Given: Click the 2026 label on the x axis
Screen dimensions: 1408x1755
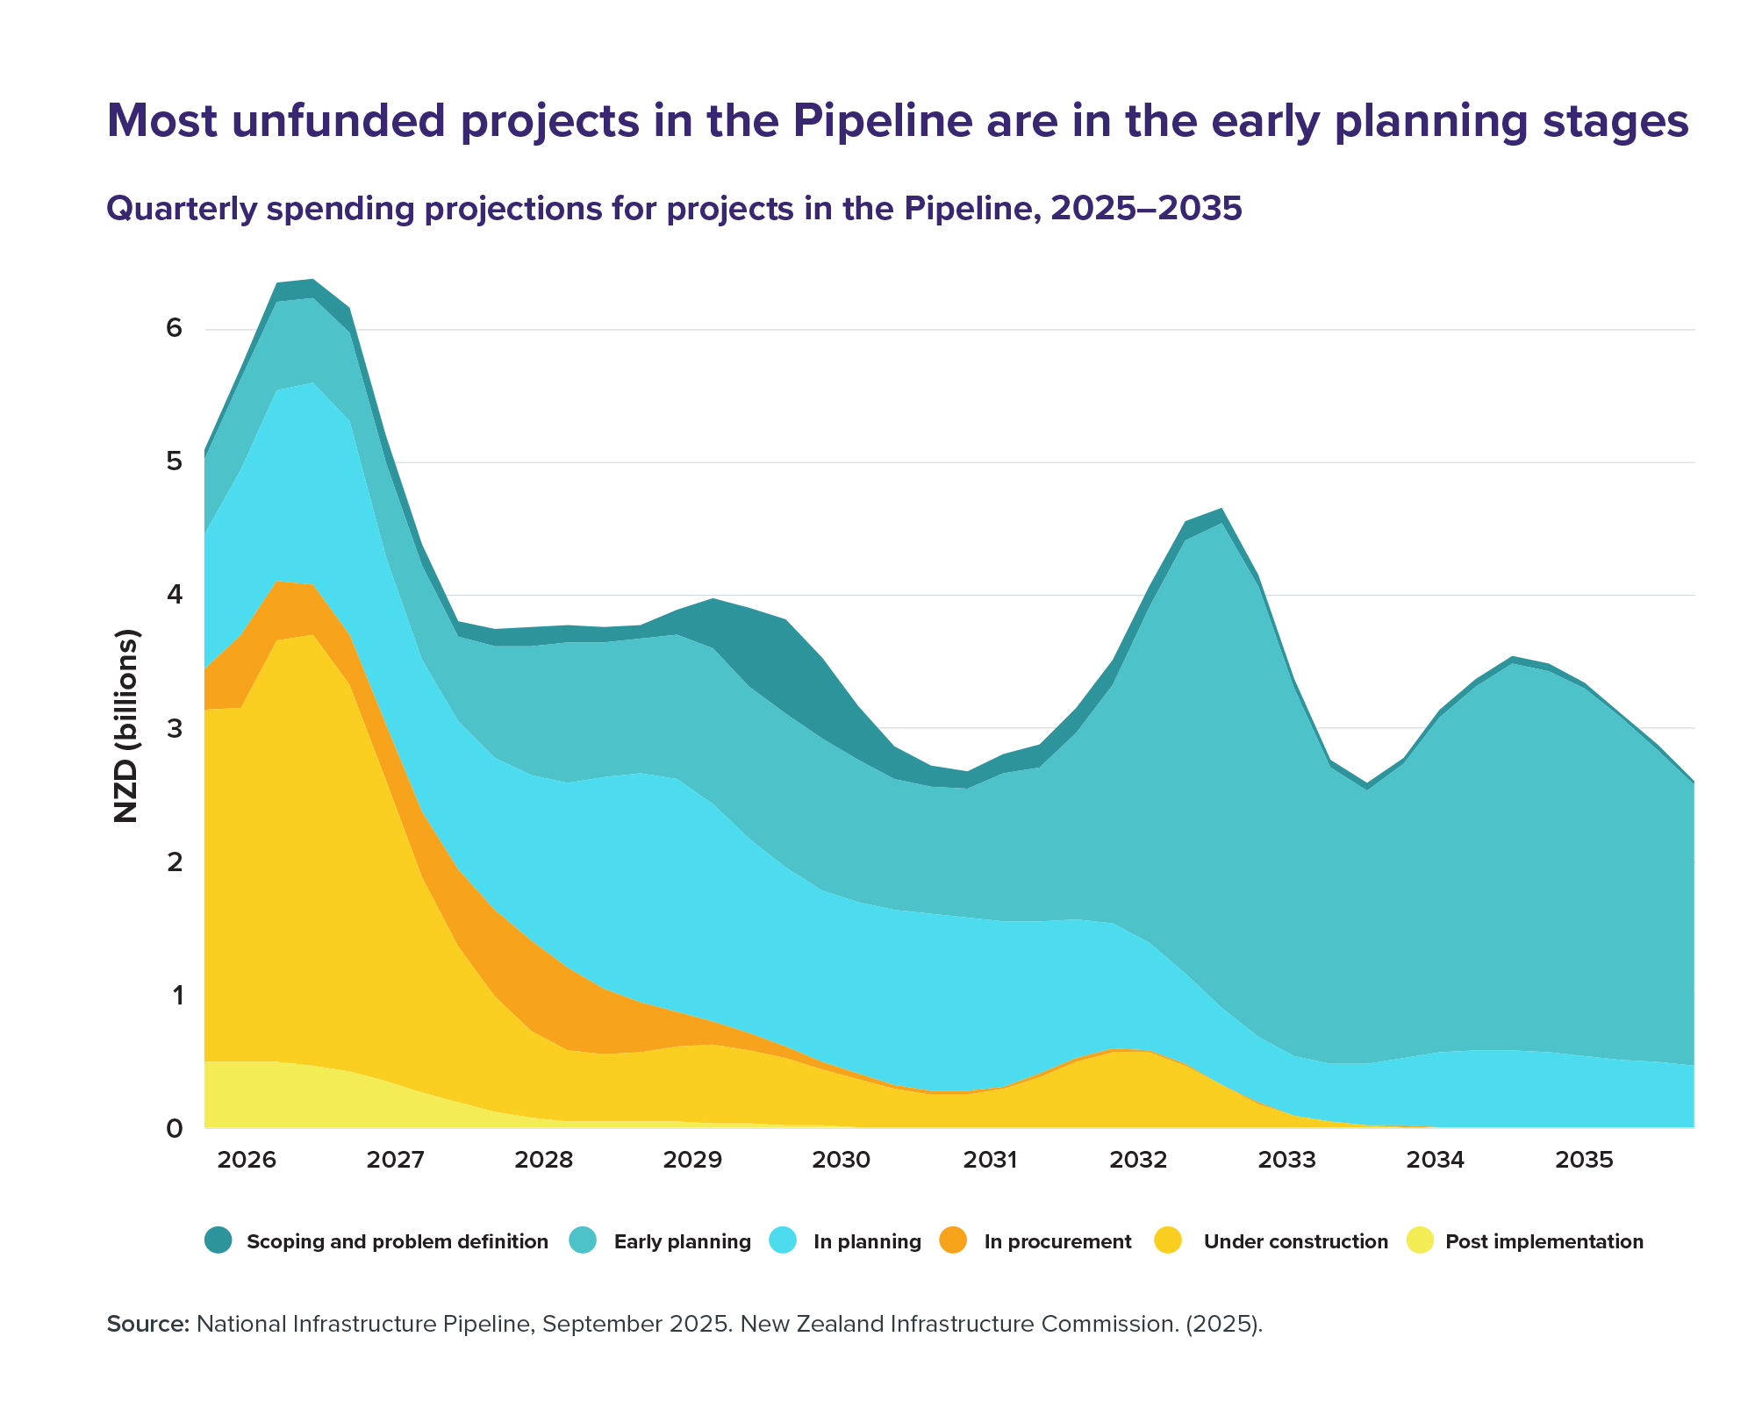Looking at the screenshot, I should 247,1161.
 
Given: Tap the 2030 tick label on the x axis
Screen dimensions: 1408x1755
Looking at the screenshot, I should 841,1161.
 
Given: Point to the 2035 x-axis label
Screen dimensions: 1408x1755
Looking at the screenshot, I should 1584,1161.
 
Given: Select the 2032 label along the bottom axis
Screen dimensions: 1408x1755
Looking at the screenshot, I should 1138,1161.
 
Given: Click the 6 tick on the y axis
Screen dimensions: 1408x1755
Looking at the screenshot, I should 175,329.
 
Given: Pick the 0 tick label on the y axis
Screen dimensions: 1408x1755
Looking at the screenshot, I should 175,1128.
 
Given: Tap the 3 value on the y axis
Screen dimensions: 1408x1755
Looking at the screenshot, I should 175,728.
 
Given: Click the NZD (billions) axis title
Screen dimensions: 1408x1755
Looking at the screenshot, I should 127,726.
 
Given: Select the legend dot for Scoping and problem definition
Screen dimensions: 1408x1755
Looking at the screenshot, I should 218,1240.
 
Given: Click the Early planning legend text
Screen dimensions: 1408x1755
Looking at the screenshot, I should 682,1241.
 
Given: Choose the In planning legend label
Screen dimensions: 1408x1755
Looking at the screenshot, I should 867,1241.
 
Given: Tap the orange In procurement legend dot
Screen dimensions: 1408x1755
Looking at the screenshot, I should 952,1240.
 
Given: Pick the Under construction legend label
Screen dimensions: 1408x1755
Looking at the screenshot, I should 1295,1241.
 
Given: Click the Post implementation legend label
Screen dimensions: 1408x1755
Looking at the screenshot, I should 1544,1241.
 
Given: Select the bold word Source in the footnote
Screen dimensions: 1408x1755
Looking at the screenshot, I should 147,1324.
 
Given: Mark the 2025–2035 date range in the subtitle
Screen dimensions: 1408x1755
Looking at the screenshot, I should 1146,209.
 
